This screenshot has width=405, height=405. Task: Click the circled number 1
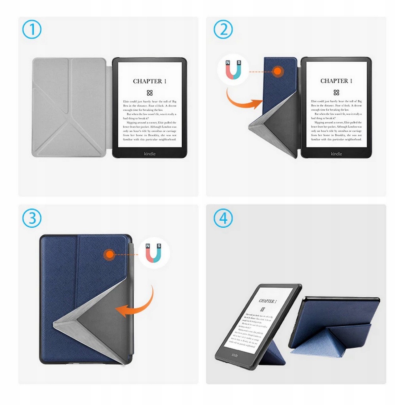coord(32,30)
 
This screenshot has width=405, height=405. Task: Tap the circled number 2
coord(223,30)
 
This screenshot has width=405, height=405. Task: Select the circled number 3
coord(32,218)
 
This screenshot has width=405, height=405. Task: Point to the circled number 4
coord(223,218)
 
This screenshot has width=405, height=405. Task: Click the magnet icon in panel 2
coord(233,70)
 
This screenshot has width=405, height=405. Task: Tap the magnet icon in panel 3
coord(154,254)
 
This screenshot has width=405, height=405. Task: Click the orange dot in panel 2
coord(278,72)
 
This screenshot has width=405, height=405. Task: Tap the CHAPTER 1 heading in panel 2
coord(336,81)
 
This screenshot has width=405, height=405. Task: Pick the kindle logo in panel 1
coord(150,153)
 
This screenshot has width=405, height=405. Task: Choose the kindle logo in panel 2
coord(336,153)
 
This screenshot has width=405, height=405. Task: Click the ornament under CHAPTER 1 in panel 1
coord(150,93)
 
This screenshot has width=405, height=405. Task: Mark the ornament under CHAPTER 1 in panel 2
coord(336,93)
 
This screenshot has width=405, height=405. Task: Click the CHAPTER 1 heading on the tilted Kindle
coord(267,301)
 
